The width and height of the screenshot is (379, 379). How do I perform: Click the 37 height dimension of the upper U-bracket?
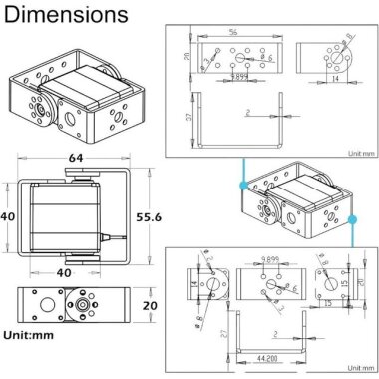[x=188, y=119]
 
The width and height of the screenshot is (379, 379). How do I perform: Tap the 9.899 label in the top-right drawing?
[x=240, y=76]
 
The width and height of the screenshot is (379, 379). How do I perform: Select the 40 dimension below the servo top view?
[x=62, y=270]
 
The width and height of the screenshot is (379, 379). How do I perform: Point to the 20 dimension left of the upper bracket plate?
[x=188, y=57]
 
